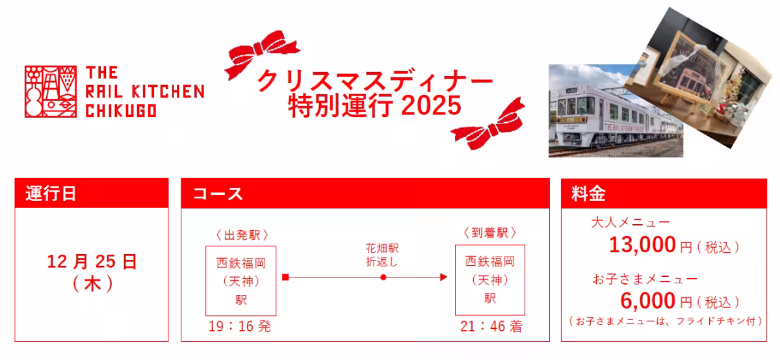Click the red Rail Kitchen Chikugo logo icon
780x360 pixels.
point(51,92)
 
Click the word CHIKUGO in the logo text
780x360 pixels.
point(121,111)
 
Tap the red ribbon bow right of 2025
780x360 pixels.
point(488,123)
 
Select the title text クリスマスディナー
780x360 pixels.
point(375,81)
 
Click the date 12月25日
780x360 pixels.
point(92,263)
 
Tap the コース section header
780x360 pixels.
point(218,194)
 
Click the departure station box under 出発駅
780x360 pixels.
point(241,281)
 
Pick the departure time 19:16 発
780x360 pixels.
point(240,327)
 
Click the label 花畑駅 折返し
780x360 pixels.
point(382,255)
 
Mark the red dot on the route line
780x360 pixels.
point(383,277)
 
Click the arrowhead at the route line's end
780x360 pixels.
point(444,277)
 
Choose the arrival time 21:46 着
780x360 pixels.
point(491,327)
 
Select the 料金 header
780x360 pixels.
point(588,194)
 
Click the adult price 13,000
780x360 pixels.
point(642,246)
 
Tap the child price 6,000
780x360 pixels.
point(648,301)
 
